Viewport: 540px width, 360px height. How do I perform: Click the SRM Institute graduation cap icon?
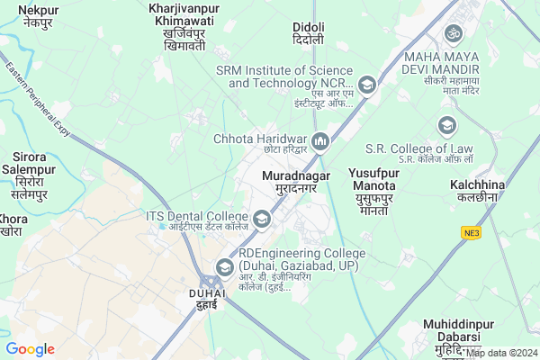tap(366, 85)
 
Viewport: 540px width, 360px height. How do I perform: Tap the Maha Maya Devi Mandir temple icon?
tap(453, 33)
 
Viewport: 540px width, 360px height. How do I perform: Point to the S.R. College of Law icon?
tap(446, 125)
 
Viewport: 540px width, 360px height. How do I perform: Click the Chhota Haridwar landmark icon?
tap(320, 139)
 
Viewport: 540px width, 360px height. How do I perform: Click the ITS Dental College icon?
tap(261, 217)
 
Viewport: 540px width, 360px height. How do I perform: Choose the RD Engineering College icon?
tap(224, 266)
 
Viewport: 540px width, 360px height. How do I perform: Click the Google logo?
tap(31, 349)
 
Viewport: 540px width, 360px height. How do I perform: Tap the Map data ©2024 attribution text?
tap(501, 353)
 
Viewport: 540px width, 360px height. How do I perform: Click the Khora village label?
tap(13, 225)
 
